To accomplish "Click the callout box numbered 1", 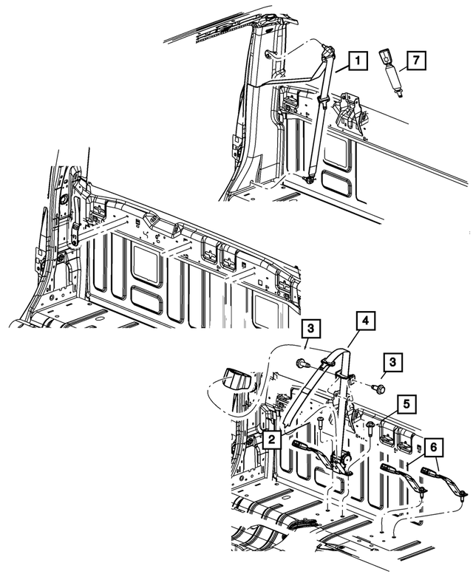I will (356, 62).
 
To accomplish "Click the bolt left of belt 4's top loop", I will (302, 363).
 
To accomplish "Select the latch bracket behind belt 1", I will (347, 108).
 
